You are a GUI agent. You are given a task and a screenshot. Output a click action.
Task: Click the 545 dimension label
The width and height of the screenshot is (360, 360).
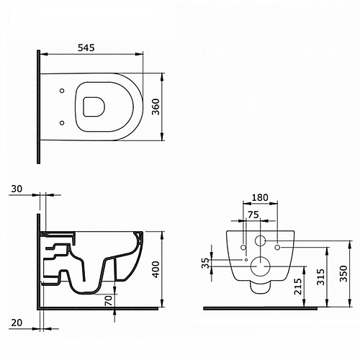[86, 48]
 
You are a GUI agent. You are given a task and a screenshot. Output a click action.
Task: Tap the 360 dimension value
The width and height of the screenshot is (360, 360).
[156, 107]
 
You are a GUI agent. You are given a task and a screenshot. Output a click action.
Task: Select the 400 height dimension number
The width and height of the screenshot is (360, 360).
[156, 269]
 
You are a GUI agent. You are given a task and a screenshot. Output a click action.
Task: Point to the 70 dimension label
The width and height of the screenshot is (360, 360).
[109, 300]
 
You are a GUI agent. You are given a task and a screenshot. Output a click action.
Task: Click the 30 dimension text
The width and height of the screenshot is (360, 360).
[17, 189]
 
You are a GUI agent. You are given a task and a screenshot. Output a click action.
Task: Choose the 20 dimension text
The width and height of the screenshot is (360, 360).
[17, 323]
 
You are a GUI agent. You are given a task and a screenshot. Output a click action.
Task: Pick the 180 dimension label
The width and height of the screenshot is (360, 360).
[260, 197]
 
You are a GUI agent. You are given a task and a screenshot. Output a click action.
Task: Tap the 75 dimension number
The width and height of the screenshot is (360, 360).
[253, 215]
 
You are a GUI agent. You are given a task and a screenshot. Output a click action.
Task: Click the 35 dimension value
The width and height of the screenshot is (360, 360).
[205, 263]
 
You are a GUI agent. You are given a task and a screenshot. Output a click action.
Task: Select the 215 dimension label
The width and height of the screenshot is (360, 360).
[298, 287]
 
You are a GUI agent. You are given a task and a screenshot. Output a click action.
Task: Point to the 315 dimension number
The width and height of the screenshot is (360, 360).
[320, 277]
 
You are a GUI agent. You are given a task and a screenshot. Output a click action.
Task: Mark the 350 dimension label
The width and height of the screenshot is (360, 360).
[343, 274]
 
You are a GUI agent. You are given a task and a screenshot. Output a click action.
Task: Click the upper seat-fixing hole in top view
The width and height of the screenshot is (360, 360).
[62, 91]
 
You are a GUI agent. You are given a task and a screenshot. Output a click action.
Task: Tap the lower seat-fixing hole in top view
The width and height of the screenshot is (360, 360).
[62, 123]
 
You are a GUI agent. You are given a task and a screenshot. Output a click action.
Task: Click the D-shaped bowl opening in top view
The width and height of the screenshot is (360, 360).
[94, 107]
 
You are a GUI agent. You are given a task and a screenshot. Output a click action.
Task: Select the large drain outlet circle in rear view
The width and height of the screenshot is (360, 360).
[260, 266]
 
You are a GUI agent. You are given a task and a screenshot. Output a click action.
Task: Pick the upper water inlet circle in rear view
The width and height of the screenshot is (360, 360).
[260, 240]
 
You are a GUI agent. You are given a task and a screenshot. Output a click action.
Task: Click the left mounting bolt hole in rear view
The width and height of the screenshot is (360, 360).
[243, 248]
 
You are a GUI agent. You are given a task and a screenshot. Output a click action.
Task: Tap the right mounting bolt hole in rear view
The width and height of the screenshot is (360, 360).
[277, 248]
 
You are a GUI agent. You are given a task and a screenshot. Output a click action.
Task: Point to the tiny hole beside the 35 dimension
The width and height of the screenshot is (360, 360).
[246, 260]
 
